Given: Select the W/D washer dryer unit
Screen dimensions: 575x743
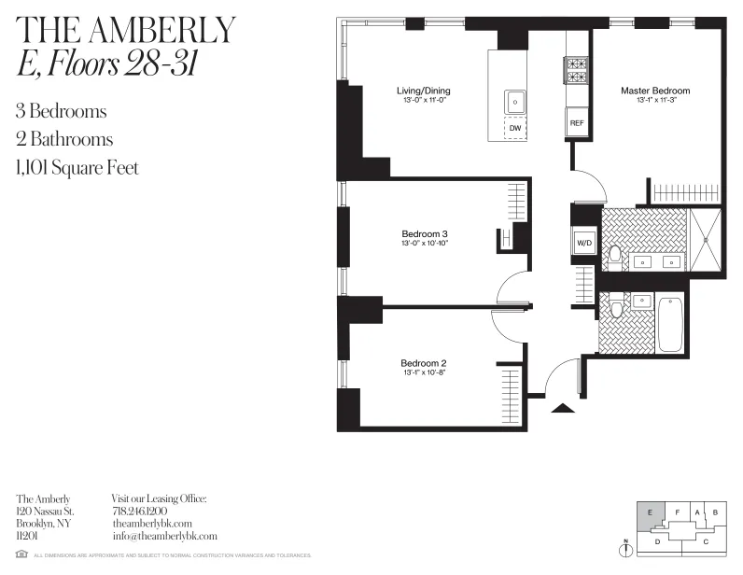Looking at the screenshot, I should click(584, 243).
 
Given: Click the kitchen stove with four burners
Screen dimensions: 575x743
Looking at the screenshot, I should click(575, 70).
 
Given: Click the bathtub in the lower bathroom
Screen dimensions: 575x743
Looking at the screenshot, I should click(670, 323).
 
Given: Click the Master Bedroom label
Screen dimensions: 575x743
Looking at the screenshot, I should click(655, 91).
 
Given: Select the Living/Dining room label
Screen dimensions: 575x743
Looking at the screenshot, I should click(422, 91).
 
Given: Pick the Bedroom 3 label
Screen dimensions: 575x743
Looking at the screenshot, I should click(425, 233).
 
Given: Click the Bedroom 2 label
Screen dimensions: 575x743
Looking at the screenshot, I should click(424, 363).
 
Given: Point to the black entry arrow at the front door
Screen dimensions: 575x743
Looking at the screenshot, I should click(563, 406).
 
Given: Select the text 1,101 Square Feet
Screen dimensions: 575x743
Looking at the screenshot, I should click(77, 168).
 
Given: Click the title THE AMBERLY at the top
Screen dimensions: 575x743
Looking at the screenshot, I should click(126, 30).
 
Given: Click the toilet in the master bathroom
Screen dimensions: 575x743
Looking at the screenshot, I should click(615, 253).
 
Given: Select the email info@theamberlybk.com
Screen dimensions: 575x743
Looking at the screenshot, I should click(164, 536).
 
